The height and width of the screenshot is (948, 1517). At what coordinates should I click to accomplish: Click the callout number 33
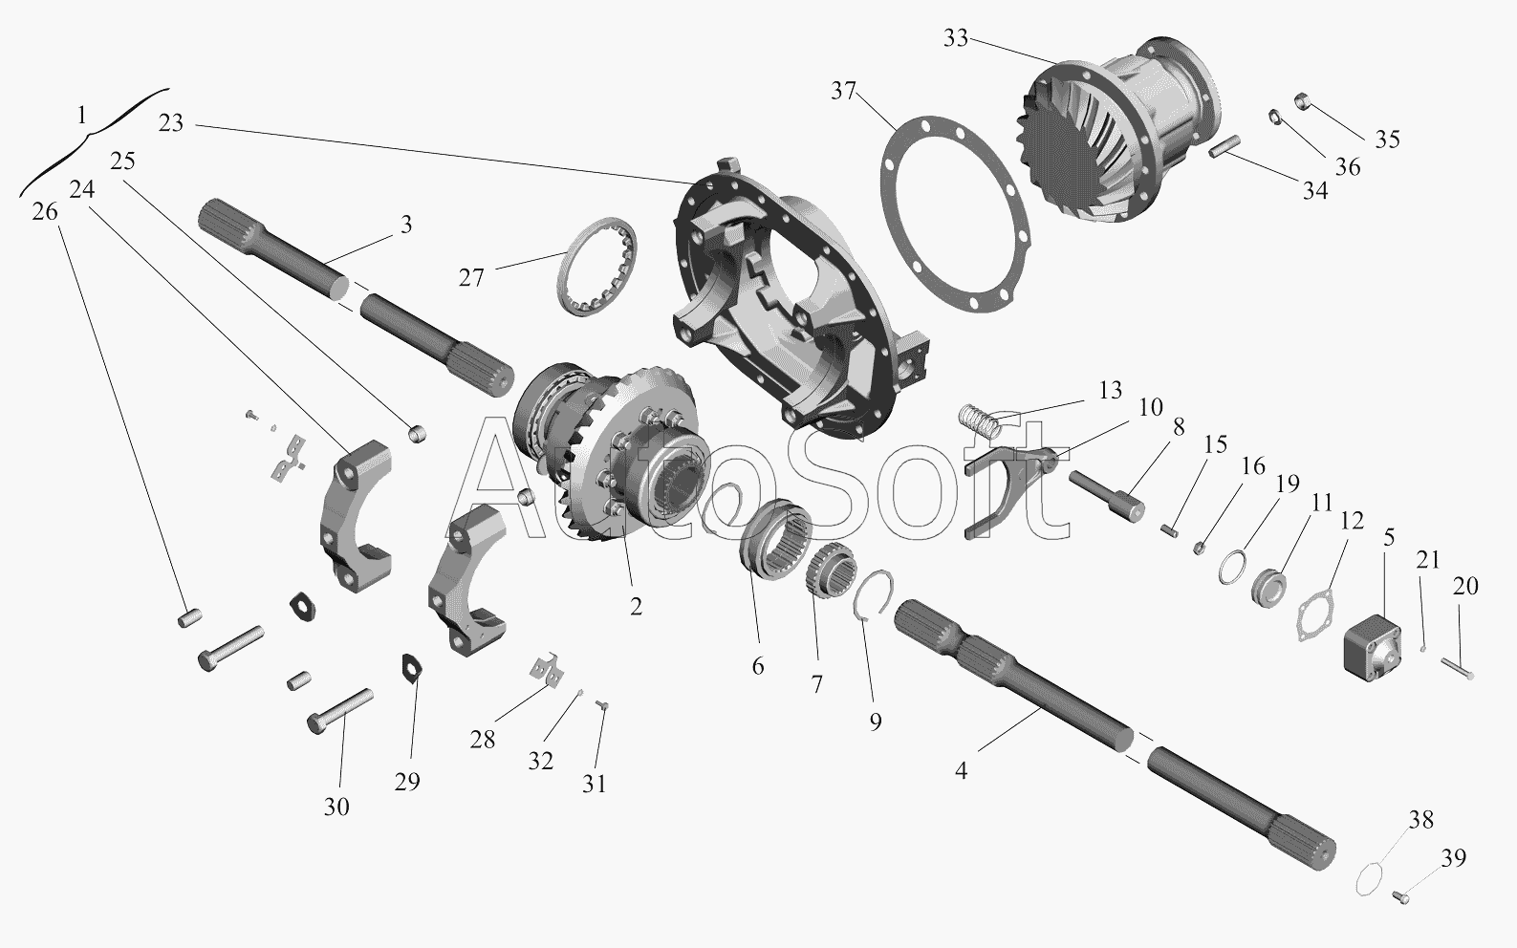coord(956,38)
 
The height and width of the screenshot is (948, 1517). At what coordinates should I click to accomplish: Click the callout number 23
coord(171,123)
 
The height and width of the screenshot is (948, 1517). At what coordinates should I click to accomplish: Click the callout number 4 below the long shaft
coord(961,770)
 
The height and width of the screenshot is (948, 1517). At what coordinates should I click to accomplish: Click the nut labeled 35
coord(1303,101)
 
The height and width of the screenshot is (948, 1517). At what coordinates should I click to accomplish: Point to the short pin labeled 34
coord(1224,146)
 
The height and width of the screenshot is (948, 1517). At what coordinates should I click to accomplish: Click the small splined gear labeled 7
coord(832,571)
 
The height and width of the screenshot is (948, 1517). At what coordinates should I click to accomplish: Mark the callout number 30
coord(336,807)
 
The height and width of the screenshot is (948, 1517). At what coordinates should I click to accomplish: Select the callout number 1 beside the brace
coord(82,116)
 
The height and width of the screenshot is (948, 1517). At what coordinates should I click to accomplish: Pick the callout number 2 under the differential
coord(636,607)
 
